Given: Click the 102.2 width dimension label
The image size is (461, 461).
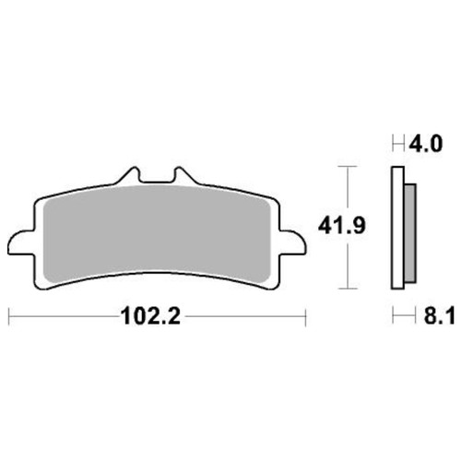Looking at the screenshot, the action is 150,316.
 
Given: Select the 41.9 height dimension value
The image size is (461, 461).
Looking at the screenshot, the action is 342,226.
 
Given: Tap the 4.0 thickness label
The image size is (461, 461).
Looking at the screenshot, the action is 426,144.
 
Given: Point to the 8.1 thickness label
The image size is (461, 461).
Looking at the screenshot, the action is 439,315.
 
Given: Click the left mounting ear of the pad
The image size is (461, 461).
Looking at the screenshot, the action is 21,242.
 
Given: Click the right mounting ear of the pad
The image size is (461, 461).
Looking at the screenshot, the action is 292,242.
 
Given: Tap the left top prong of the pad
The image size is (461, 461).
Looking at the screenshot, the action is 130,176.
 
